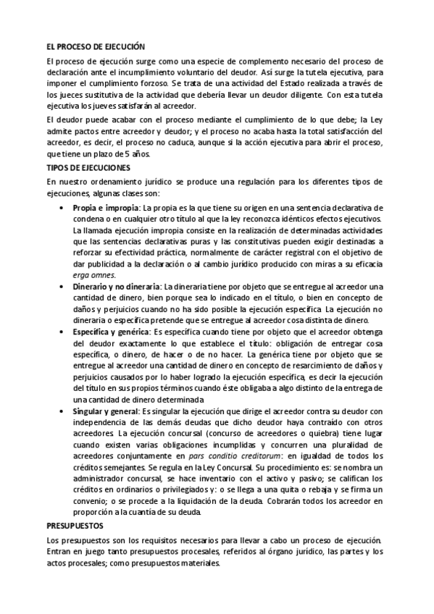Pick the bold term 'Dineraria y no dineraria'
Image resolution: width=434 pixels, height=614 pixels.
(117, 286)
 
